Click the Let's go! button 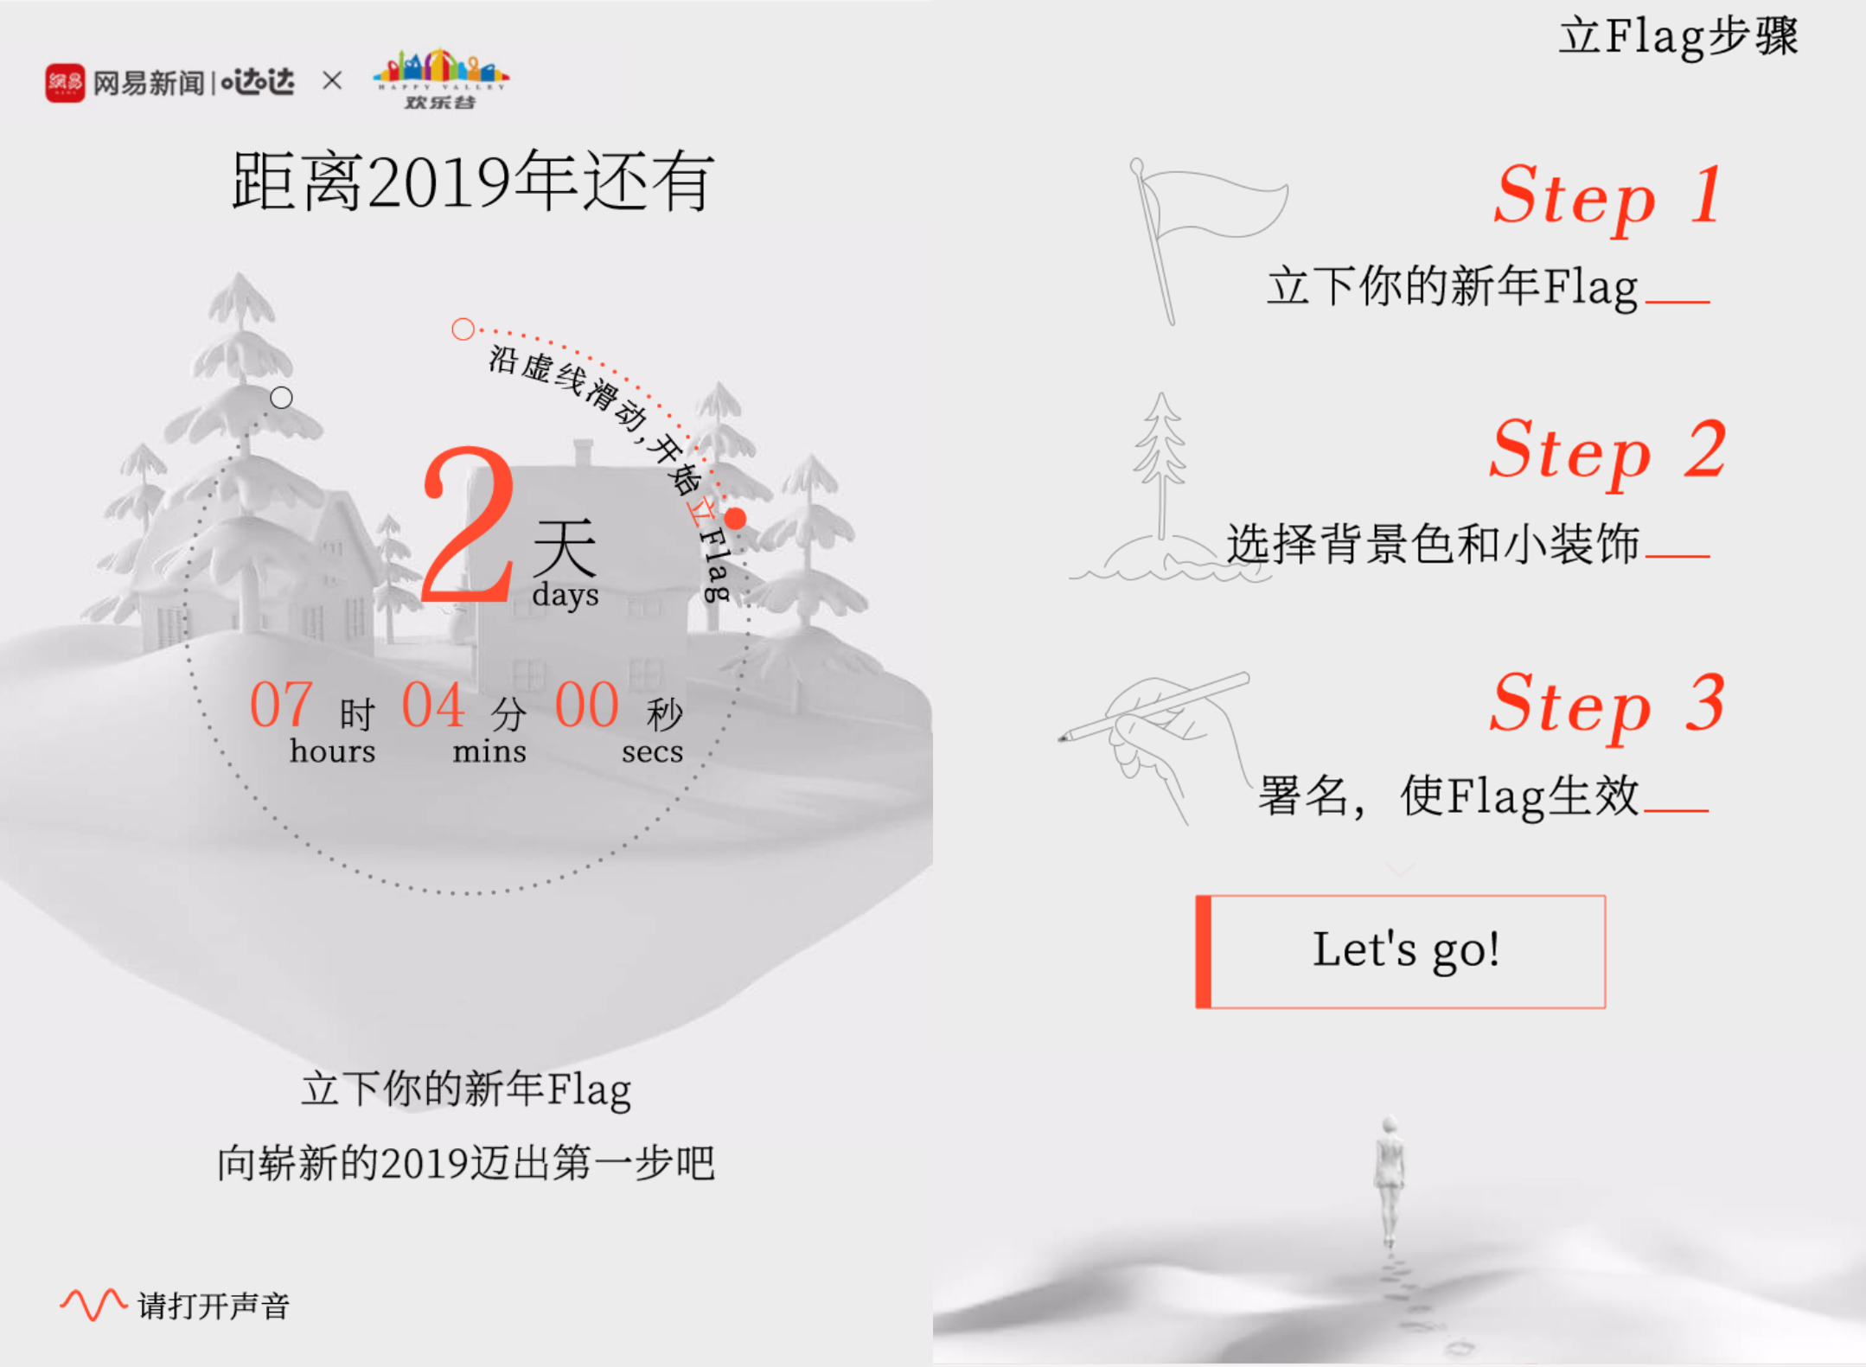coord(1401,951)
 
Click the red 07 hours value coord(280,705)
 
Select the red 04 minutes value coord(433,705)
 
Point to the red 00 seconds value coord(586,705)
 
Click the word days coord(566,595)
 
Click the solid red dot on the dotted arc coord(735,519)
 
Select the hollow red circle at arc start coord(463,329)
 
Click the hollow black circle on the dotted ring coord(281,398)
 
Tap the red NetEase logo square coord(65,83)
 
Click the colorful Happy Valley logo coord(441,78)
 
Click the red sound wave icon coord(93,1304)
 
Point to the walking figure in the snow coord(1389,1176)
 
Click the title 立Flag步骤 coord(1677,37)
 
